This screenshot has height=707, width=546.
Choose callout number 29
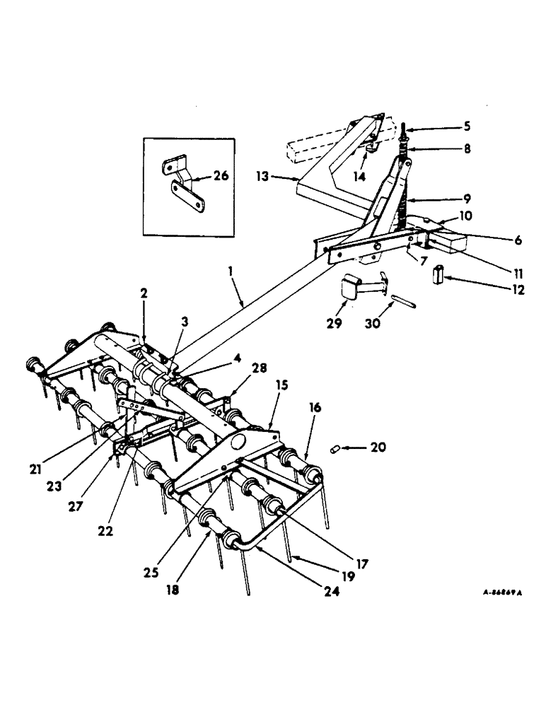click(x=335, y=325)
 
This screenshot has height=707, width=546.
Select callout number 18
click(x=173, y=589)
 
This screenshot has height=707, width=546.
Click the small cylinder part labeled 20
click(x=337, y=449)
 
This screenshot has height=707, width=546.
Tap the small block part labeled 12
click(x=438, y=274)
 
